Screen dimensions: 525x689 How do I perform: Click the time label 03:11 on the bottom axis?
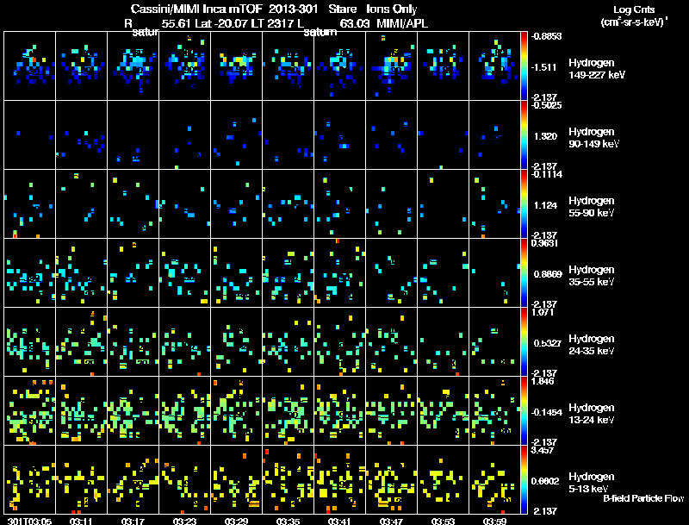tap(82, 521)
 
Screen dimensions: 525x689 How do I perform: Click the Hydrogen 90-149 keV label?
tap(591, 137)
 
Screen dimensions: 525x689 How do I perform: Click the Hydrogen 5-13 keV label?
tap(590, 482)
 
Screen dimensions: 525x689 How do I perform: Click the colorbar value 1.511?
tap(545, 66)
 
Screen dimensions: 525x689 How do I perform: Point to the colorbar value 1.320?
tap(545, 135)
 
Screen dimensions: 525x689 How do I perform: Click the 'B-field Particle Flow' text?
tap(643, 498)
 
